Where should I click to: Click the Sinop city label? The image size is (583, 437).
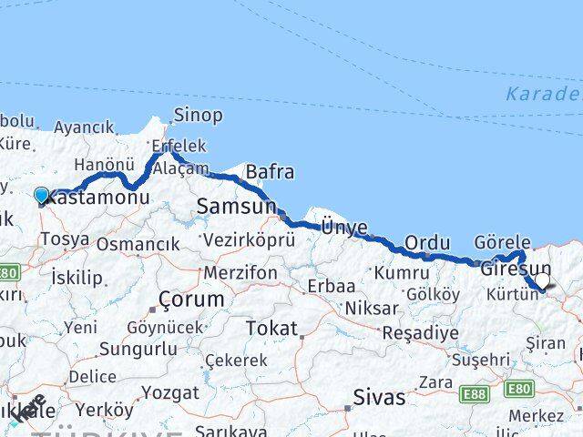click(198, 116)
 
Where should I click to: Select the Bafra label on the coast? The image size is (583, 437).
click(271, 172)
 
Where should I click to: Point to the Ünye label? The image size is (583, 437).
click(343, 228)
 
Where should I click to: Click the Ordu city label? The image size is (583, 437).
click(428, 243)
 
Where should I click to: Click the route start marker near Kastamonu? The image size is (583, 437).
click(42, 195)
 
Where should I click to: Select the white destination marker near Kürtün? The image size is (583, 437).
click(542, 282)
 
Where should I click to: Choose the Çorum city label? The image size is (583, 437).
click(191, 299)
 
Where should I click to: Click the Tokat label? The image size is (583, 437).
click(272, 328)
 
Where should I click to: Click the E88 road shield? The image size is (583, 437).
click(473, 393)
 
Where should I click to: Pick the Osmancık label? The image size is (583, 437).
click(138, 244)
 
